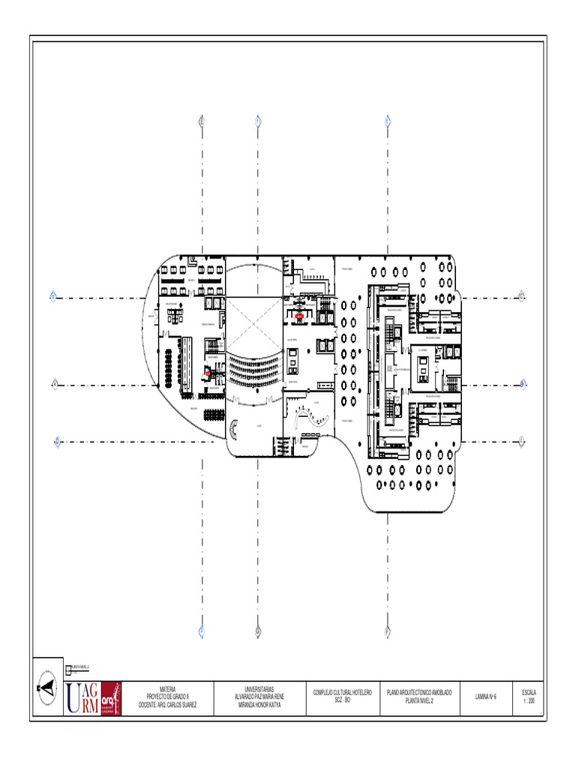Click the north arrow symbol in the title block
click(x=47, y=685)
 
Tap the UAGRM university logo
click(x=82, y=697)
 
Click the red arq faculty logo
click(x=111, y=697)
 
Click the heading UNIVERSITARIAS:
click(x=259, y=688)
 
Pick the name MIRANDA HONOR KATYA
click(x=259, y=706)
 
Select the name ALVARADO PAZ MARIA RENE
click(x=259, y=697)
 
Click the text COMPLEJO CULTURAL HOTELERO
click(x=343, y=692)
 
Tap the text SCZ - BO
click(x=343, y=700)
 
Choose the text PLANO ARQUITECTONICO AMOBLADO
click(x=419, y=692)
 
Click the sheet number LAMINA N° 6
click(x=486, y=697)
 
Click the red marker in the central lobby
click(x=299, y=316)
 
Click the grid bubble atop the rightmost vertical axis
click(x=388, y=120)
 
